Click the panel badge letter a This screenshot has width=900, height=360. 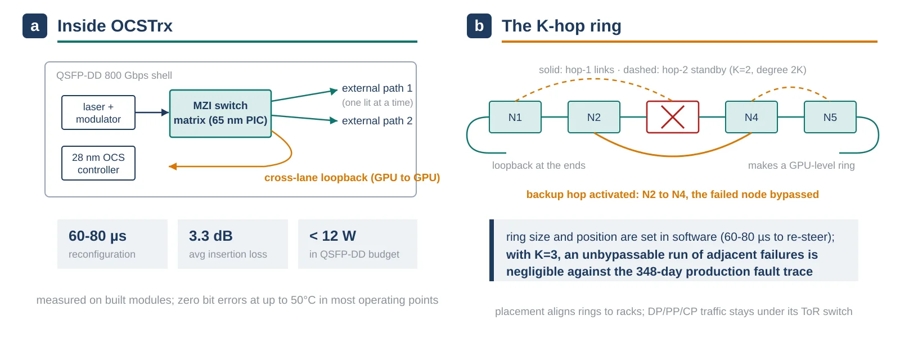[x=35, y=26]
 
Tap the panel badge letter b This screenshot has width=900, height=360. [x=479, y=26]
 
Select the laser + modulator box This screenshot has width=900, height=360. [x=98, y=112]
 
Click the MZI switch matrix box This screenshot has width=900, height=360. [x=220, y=113]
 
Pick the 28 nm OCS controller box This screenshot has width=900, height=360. [x=98, y=163]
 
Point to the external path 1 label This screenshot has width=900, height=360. [x=377, y=88]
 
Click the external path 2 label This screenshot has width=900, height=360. [x=377, y=120]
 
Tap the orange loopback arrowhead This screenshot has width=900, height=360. [x=173, y=166]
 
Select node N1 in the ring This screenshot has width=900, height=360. [x=515, y=117]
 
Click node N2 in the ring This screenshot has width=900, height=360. [x=594, y=117]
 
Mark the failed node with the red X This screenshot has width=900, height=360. [x=673, y=117]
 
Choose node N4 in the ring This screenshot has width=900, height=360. [x=751, y=117]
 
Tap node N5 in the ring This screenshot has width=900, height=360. [x=830, y=117]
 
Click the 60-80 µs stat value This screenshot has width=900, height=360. [x=98, y=236]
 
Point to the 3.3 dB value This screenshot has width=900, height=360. [x=211, y=236]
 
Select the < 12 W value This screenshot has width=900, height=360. [x=332, y=236]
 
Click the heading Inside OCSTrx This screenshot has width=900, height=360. [x=115, y=26]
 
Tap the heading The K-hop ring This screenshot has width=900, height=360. [x=562, y=26]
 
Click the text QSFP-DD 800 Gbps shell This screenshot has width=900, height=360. [x=114, y=75]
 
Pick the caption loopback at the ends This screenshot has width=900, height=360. [x=539, y=165]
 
